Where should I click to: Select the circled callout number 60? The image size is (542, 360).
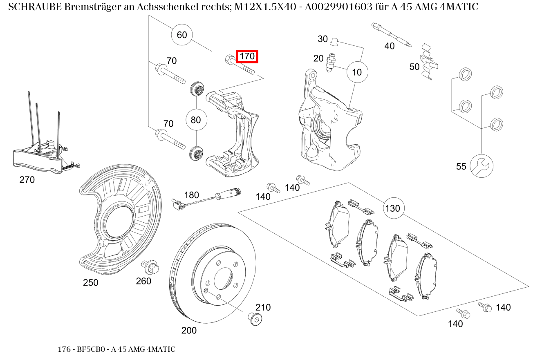point(181,35)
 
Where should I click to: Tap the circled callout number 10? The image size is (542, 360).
point(357,72)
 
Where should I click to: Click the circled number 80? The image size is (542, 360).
point(196,120)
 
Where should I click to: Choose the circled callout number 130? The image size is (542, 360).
point(393,208)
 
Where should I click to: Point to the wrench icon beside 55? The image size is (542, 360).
point(482,166)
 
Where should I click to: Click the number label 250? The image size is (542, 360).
point(90,282)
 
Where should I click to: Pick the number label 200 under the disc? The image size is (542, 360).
point(189,330)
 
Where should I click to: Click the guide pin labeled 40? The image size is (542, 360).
point(392,35)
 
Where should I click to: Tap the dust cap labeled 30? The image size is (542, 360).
point(334,41)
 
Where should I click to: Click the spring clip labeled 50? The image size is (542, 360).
point(429,59)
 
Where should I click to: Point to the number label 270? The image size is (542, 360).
point(27,179)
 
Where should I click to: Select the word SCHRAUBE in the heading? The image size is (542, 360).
point(35,7)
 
